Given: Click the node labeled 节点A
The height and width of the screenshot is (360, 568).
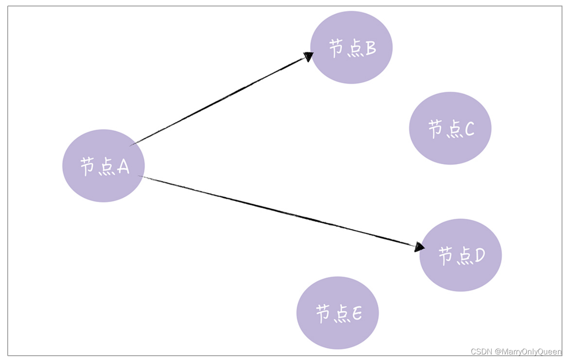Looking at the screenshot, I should pyautogui.click(x=103, y=166).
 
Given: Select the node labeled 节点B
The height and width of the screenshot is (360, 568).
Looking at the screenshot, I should pyautogui.click(x=351, y=47).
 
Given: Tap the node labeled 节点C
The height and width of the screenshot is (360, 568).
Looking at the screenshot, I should pyautogui.click(x=450, y=128).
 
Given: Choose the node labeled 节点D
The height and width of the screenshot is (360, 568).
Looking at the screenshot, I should pyautogui.click(x=460, y=255).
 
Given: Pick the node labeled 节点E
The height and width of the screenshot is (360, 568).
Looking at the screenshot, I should pyautogui.click(x=338, y=313).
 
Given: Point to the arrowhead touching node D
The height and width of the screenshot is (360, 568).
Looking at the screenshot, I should pyautogui.click(x=419, y=247).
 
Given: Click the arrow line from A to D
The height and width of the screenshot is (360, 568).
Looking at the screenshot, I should pyautogui.click(x=278, y=211).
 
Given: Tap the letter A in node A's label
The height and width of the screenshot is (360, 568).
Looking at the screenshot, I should pyautogui.click(x=123, y=166).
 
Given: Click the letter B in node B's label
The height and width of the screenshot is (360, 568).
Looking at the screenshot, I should pyautogui.click(x=371, y=48).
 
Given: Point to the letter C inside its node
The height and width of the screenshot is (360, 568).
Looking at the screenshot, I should pyautogui.click(x=469, y=129).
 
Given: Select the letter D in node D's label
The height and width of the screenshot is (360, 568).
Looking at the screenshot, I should pyautogui.click(x=480, y=255).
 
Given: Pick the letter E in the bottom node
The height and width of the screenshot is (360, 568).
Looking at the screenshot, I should pyautogui.click(x=357, y=313).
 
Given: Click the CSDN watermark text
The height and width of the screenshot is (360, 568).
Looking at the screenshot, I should pyautogui.click(x=481, y=351).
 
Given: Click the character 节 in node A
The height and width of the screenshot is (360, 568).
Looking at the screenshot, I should pyautogui.click(x=87, y=166).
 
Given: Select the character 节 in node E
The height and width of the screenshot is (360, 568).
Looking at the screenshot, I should pyautogui.click(x=323, y=314).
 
